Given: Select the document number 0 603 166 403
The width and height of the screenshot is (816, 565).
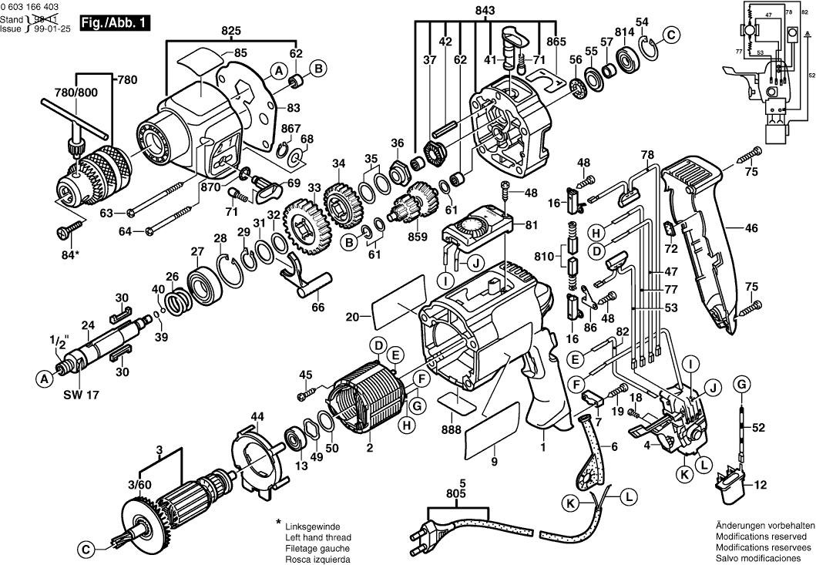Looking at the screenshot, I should [x=35, y=6].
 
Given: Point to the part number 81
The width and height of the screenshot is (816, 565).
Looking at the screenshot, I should [x=530, y=226].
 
